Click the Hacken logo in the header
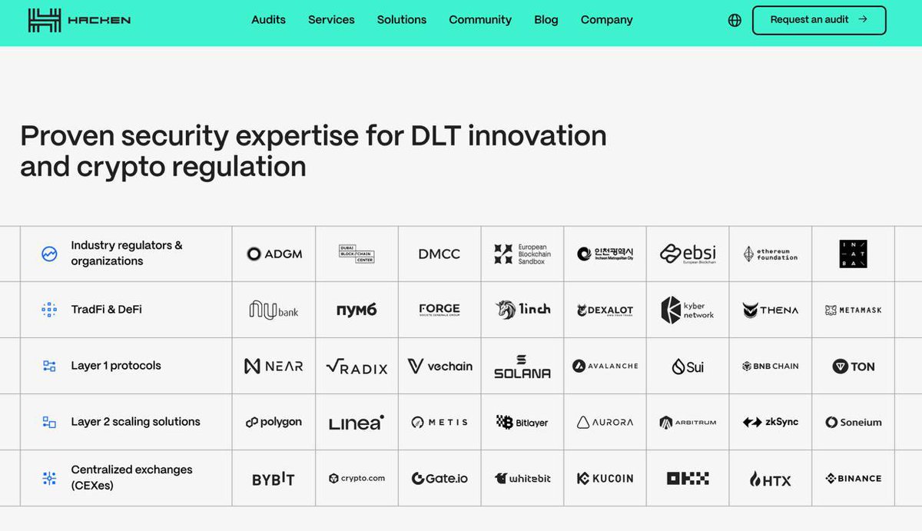[x=78, y=20]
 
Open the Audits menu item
[x=268, y=20]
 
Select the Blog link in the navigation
[x=546, y=20]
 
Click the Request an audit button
[x=818, y=20]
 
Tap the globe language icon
[x=735, y=21]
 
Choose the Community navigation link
[x=480, y=20]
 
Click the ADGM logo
[x=274, y=254]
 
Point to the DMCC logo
[x=439, y=254]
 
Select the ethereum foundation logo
[x=770, y=254]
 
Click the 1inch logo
[x=522, y=310]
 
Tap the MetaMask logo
[x=853, y=310]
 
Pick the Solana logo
[x=522, y=367]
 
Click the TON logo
[x=853, y=367]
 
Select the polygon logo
[x=274, y=422]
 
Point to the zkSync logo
[x=770, y=422]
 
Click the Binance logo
[x=853, y=478]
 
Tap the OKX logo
[x=688, y=478]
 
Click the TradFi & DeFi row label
[x=106, y=310]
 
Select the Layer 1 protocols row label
[x=115, y=366]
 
